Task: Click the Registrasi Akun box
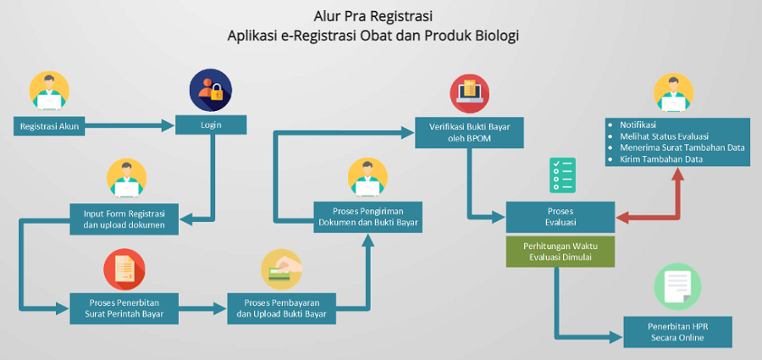[47, 126]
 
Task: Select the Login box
[210, 125]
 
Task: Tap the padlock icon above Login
[210, 91]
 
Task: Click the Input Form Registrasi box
[124, 218]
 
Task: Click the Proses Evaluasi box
[560, 217]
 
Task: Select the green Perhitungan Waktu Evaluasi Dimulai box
[560, 252]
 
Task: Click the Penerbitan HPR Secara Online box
[676, 331]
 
